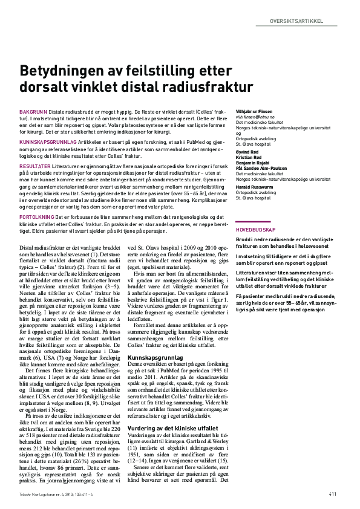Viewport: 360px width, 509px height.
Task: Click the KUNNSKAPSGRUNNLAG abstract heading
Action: pyautogui.click(x=47, y=140)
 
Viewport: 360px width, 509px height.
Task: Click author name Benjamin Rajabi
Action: pyautogui.click(x=252, y=164)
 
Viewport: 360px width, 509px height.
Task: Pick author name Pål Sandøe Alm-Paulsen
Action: pyautogui.click(x=262, y=169)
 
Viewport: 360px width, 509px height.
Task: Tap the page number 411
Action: pyautogui.click(x=333, y=494)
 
